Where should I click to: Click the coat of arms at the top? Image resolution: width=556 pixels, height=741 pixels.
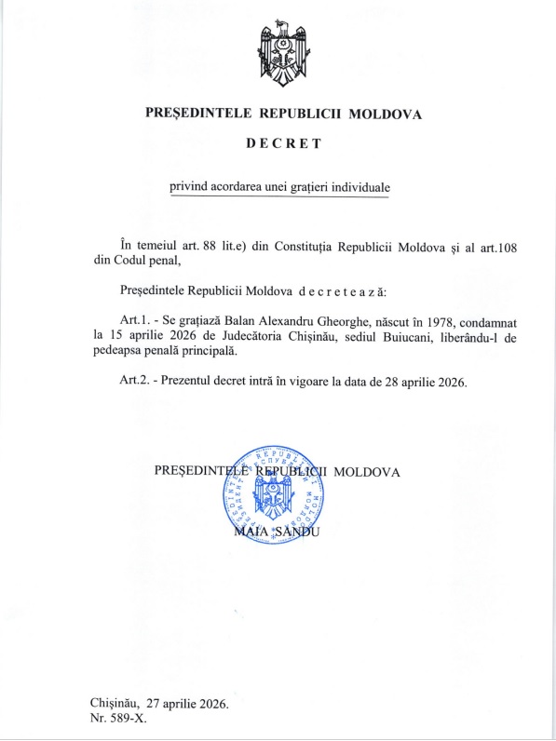283,53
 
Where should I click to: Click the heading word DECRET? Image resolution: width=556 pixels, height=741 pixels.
283,144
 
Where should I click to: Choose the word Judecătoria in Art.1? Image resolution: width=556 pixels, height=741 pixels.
257,335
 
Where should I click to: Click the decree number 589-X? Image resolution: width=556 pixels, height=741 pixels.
128,719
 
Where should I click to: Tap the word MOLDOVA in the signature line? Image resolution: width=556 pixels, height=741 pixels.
367,471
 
